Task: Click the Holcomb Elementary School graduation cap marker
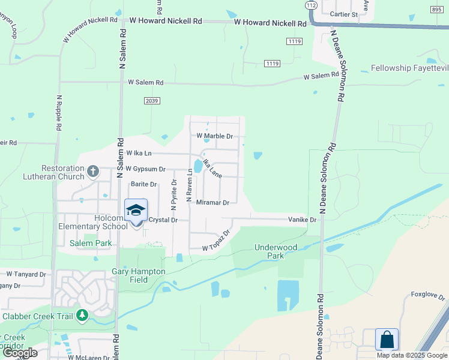136,210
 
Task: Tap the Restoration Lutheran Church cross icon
92,172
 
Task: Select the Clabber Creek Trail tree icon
82,316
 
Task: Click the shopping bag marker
387,340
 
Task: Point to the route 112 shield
310,5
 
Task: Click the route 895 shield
436,9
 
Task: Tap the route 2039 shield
152,101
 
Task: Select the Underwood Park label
276,251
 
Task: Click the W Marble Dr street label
214,136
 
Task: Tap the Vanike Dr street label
302,220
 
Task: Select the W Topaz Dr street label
217,241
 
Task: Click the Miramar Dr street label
213,203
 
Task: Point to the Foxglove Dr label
428,296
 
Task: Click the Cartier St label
344,14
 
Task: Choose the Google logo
20,353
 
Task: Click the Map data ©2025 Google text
412,355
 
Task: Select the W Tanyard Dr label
23,274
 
